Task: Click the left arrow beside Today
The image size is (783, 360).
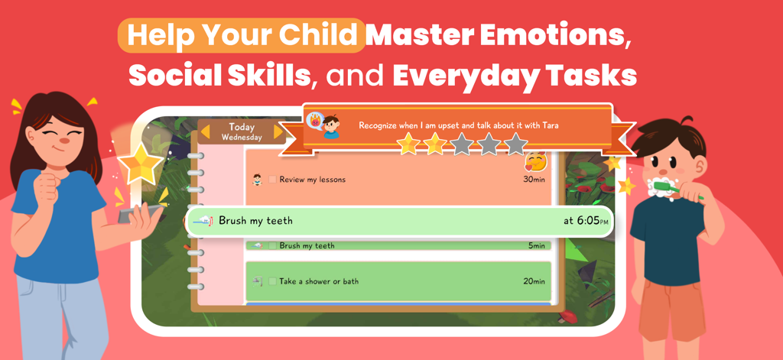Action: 205,132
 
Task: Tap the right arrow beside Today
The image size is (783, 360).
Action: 278,132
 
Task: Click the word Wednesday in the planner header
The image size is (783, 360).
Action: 242,138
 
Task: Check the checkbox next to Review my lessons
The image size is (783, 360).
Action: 272,180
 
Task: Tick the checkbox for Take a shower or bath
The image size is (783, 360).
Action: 272,281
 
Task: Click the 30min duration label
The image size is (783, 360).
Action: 534,180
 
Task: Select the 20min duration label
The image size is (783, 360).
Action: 534,281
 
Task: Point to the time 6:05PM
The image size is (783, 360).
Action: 586,221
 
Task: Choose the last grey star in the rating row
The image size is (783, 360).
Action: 516,143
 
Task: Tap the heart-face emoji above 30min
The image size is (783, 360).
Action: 534,161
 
